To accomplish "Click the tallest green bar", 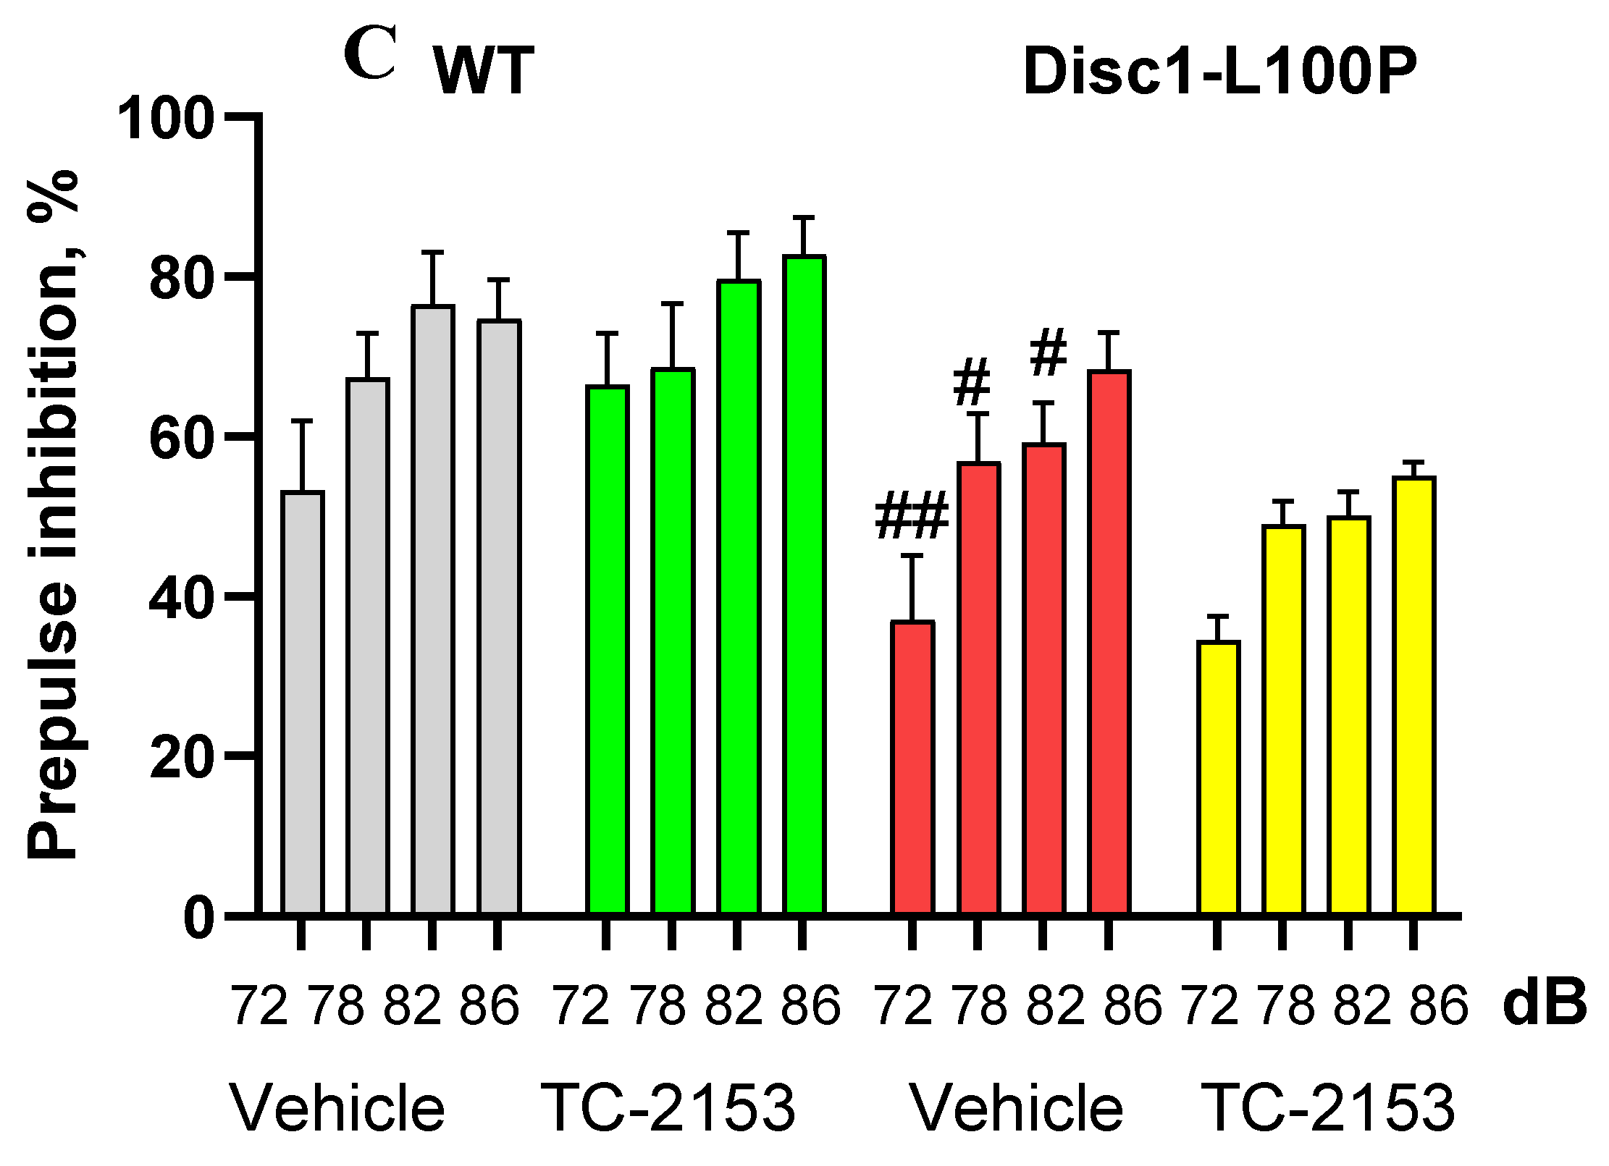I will coord(804,586).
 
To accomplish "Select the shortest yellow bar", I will coord(1219,778).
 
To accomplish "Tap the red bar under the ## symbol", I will coord(912,767).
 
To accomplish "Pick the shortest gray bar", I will coord(303,702).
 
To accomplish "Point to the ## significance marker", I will coord(912,516).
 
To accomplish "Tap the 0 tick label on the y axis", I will coord(199,919).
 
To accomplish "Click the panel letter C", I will coord(370,54).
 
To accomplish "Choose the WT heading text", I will coord(484,71).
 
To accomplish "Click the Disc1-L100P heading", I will coord(1219,71).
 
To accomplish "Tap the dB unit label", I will coord(1545,1005).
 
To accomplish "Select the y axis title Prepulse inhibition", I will coord(52,514).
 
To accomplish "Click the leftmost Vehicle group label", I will coord(337,1109).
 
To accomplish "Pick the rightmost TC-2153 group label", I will coord(1328,1109).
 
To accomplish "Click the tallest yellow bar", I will coord(1414,695).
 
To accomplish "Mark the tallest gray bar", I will coord(433,608).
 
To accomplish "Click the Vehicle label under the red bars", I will coord(1016,1109).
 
